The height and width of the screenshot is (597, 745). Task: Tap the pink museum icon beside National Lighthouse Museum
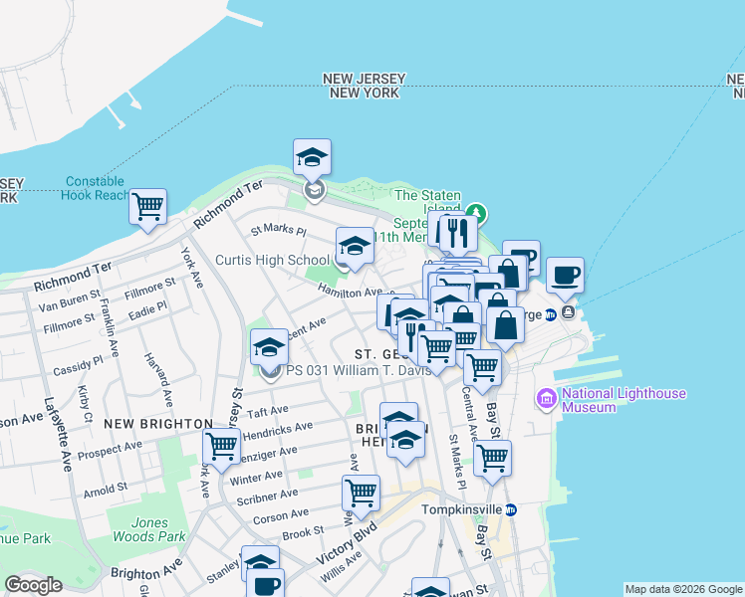tap(546, 400)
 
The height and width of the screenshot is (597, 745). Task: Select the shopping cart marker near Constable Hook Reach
tap(148, 207)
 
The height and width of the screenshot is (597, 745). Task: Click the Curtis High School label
tap(272, 261)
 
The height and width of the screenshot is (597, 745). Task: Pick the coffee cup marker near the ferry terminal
tap(566, 275)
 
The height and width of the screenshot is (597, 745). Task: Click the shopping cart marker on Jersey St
tap(221, 446)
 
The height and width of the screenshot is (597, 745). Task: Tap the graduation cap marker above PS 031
tap(269, 348)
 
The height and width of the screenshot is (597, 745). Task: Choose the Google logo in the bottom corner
tap(33, 585)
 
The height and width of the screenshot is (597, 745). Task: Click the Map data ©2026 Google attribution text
tap(683, 589)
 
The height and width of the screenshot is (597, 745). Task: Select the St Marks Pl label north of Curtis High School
tap(278, 230)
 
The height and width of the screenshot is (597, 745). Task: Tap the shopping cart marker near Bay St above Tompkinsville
tap(492, 459)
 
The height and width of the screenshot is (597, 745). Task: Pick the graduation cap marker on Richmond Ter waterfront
tap(312, 157)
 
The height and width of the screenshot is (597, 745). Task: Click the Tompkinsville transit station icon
tap(511, 509)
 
